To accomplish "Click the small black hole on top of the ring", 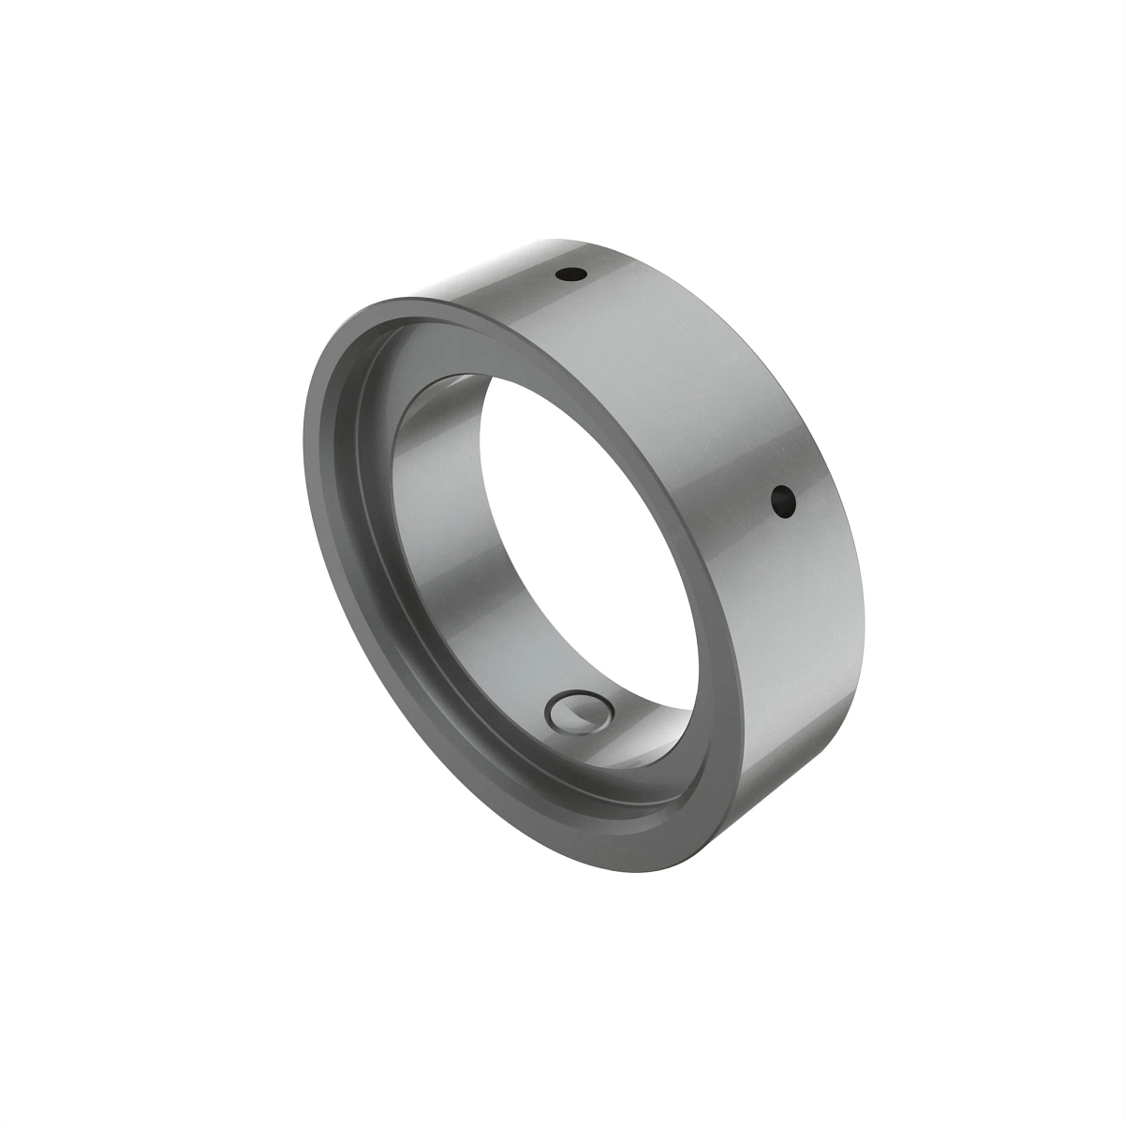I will click(x=570, y=275).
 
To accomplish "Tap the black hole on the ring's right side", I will click(x=783, y=503).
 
